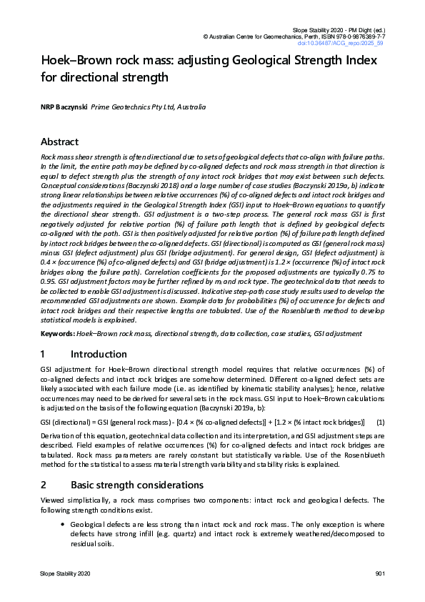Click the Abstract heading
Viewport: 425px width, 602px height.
(x=60, y=142)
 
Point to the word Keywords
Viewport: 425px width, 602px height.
(x=56, y=333)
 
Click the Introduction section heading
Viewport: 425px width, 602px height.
(x=99, y=354)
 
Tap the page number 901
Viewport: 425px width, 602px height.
(x=380, y=575)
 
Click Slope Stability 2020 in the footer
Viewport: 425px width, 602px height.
(x=65, y=575)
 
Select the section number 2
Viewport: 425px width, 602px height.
(x=44, y=485)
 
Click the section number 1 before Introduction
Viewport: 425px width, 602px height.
(x=44, y=354)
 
